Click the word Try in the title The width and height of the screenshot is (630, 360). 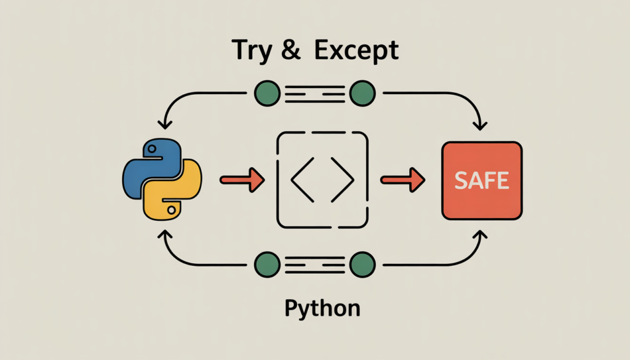pyautogui.click(x=250, y=52)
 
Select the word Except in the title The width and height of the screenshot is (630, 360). pyautogui.click(x=356, y=52)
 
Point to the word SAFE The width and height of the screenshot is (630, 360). pyautogui.click(x=482, y=180)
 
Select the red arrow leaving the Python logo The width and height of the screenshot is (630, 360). pyautogui.click(x=242, y=180)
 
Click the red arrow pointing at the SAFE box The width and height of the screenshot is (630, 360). pyautogui.click(x=402, y=180)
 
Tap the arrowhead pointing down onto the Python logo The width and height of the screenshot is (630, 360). pyautogui.click(x=164, y=126)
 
